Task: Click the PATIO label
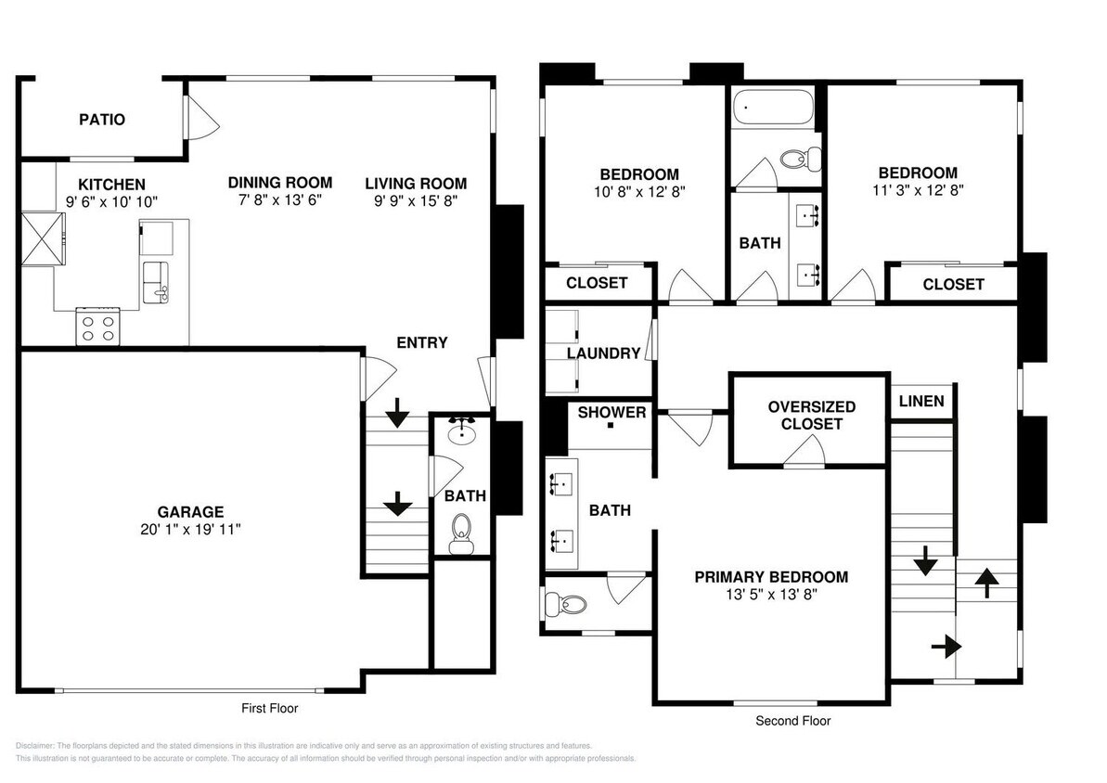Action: (101, 120)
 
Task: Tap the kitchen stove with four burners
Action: (98, 326)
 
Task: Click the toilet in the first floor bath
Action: (460, 534)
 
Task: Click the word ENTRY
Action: (421, 342)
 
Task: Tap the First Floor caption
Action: (269, 708)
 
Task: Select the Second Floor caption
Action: (792, 721)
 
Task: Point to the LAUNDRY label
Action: (603, 353)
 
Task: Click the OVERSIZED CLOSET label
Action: (811, 415)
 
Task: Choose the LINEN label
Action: (921, 401)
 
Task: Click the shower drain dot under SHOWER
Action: (611, 426)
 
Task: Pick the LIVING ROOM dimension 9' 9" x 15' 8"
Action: (415, 200)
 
